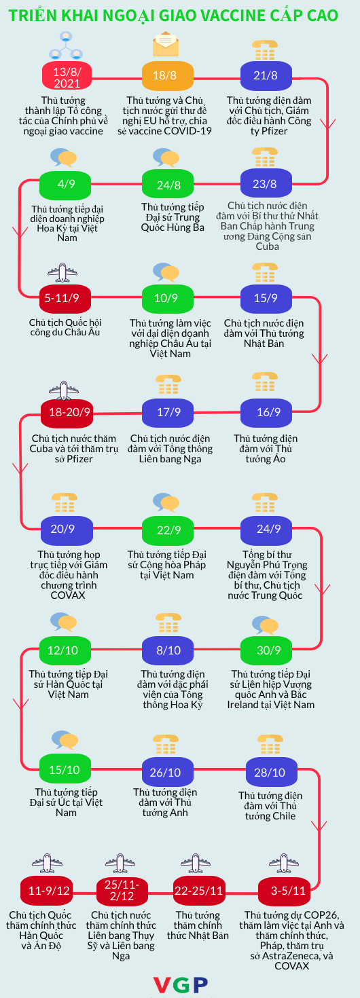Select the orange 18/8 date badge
coord(168,75)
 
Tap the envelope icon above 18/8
coord(166,44)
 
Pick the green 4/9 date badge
coord(65,185)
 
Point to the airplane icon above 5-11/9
coord(62,272)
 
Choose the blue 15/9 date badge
coord(266,298)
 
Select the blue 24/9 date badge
coord(266,530)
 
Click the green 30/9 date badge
coord(266,650)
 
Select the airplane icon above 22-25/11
coord(196,864)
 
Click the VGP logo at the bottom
coord(181,984)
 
